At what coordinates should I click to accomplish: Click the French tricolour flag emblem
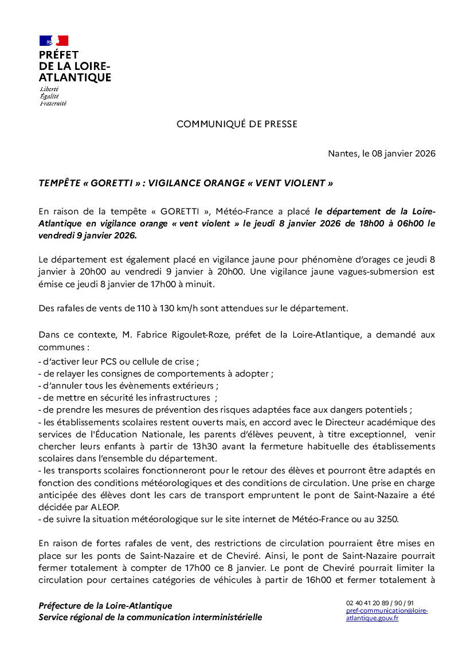coord(54,41)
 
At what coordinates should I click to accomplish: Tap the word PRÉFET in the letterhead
coord(58,56)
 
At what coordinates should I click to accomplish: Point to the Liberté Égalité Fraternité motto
coord(53,96)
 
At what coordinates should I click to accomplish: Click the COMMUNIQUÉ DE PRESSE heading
coord(237,124)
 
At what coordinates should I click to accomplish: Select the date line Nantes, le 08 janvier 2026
coord(381,154)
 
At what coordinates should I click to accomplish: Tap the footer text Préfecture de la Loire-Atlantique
coord(105,605)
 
